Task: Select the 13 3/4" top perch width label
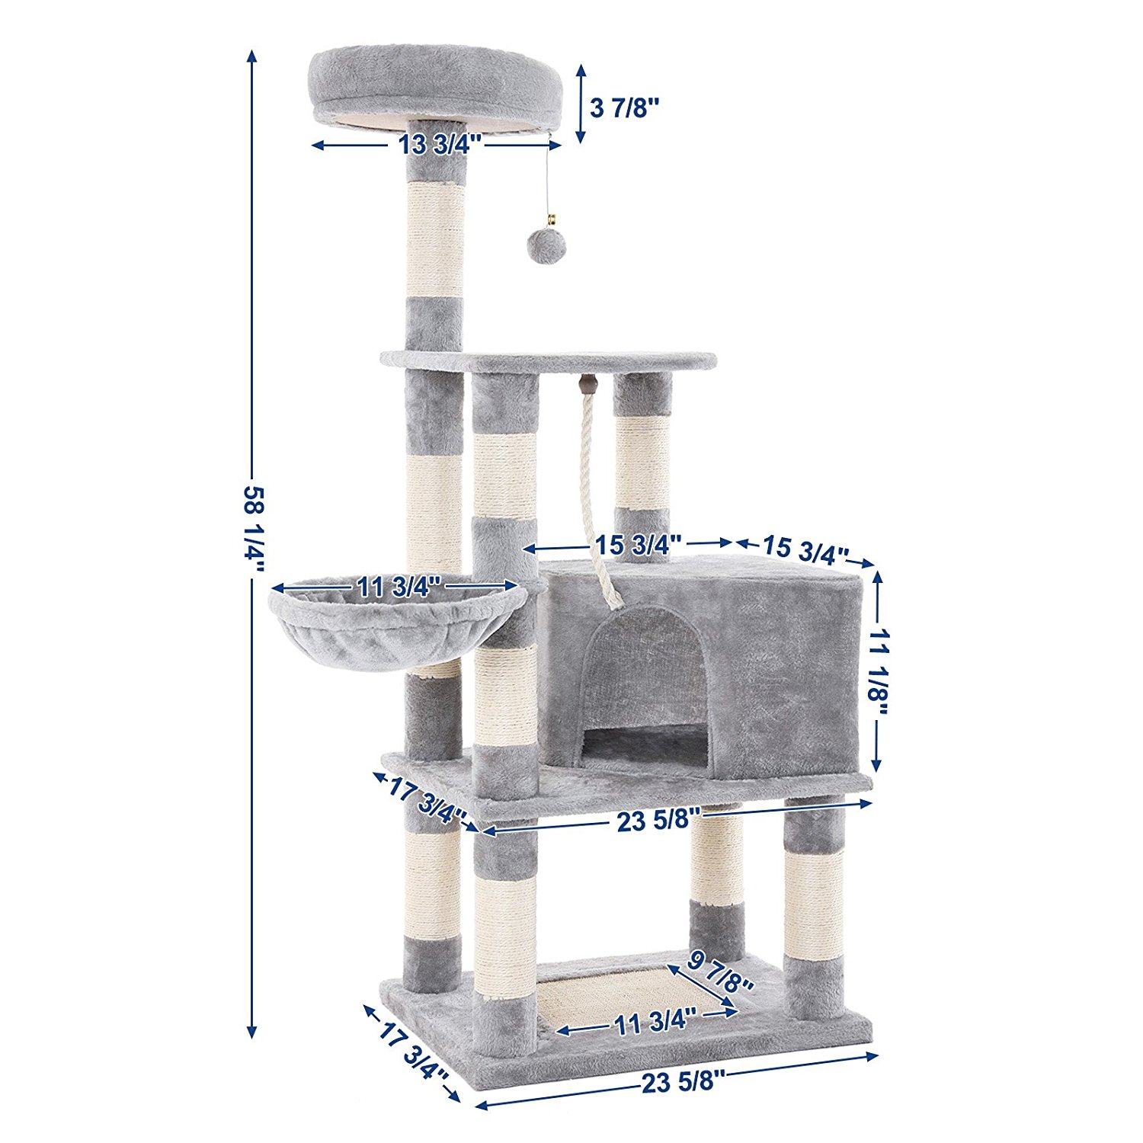437,144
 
